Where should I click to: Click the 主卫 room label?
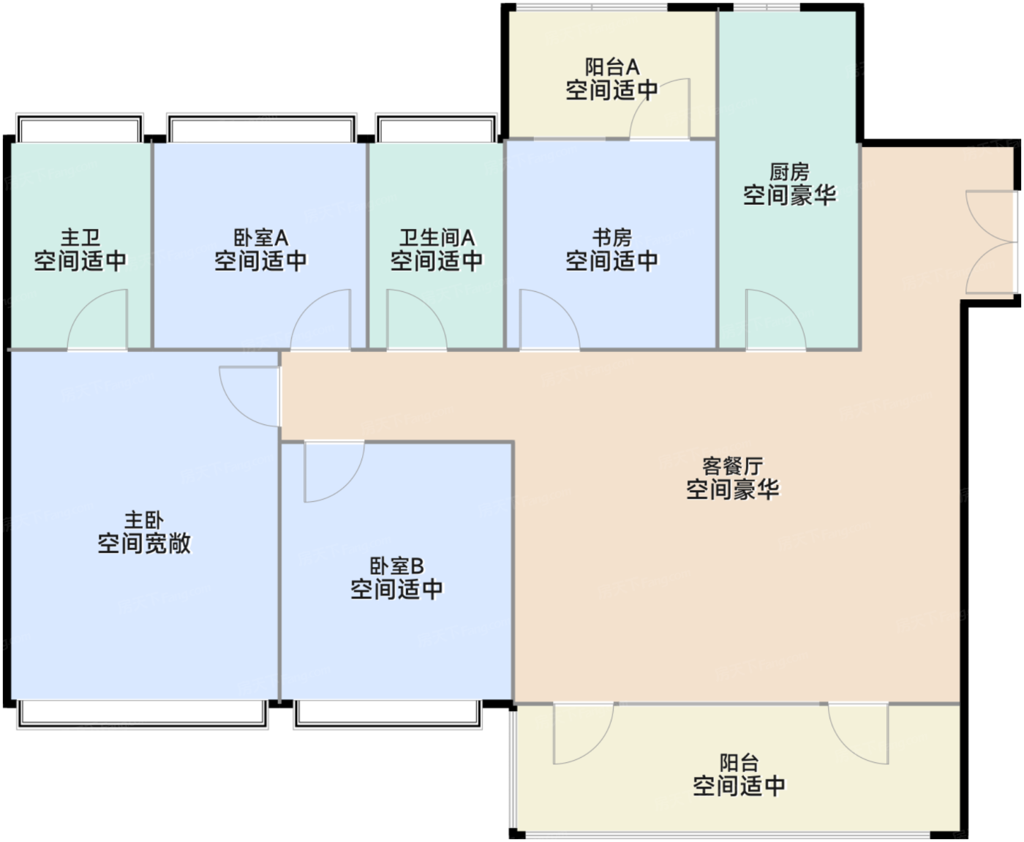pos(80,238)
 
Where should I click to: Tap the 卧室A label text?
pos(261,238)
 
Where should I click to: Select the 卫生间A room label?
pos(437,238)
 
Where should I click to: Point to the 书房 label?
pos(612,238)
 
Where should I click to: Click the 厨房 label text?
pos(789,172)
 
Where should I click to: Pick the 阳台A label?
pos(612,67)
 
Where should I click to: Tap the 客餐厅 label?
pos(733,466)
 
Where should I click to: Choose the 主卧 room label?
pos(144,520)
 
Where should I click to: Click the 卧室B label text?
pos(396,566)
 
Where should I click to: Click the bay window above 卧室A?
pos(262,128)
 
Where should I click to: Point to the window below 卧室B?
pos(388,714)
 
